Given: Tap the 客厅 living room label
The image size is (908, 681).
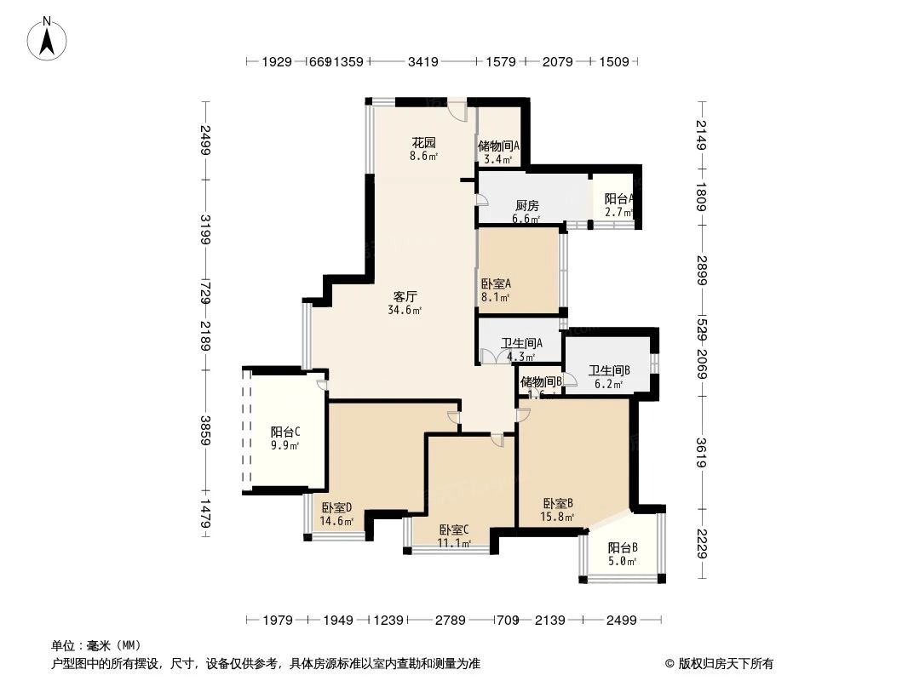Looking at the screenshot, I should (x=405, y=297).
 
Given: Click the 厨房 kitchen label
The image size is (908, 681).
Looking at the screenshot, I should (x=526, y=206).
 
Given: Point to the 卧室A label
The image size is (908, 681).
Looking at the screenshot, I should (x=495, y=284).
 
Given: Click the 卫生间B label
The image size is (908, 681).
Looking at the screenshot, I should (x=609, y=370).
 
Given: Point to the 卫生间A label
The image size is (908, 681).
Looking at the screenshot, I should (x=515, y=343).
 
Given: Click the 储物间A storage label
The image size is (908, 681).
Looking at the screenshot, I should (x=498, y=146).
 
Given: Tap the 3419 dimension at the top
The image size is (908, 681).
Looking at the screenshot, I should (x=423, y=61).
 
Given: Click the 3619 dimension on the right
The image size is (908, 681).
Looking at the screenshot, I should (x=700, y=452).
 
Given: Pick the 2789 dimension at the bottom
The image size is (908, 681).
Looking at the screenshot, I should (x=449, y=621).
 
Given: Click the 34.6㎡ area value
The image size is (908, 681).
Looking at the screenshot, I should (x=405, y=310).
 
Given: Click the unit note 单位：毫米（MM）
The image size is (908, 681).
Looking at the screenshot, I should (x=96, y=645).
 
